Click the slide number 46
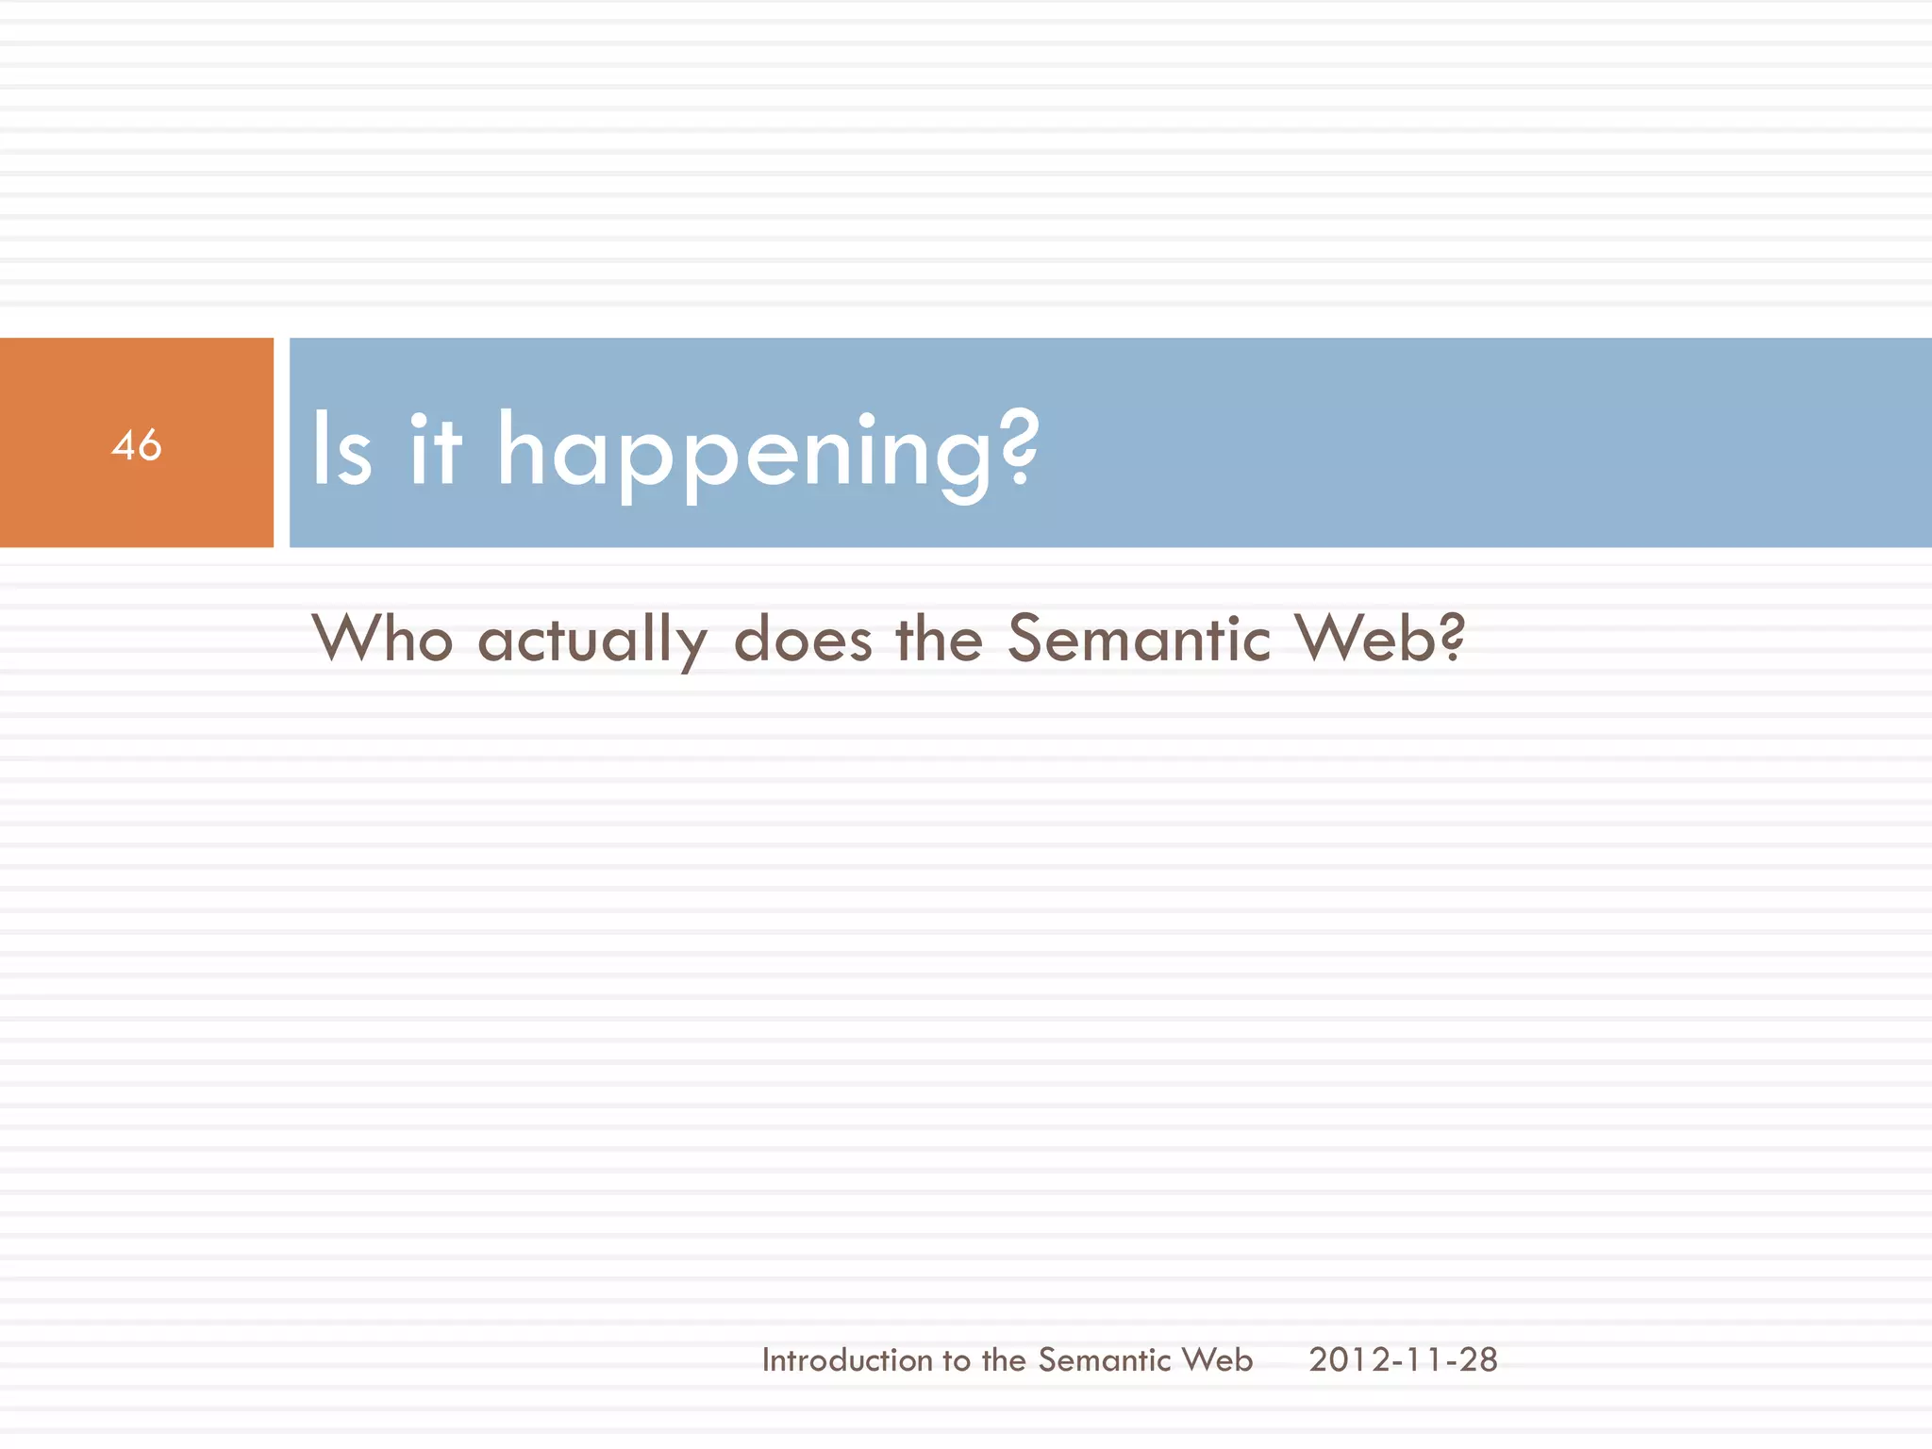(x=137, y=444)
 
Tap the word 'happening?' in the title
(x=767, y=453)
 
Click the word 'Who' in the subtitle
(x=383, y=639)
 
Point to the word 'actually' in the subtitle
(x=592, y=641)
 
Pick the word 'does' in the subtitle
(x=803, y=639)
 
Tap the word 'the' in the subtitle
(x=939, y=639)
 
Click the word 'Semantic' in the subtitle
(x=1139, y=639)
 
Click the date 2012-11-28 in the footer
(x=1403, y=1359)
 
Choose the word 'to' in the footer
(x=956, y=1360)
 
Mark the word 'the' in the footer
(x=1003, y=1359)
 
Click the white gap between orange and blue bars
(x=281, y=442)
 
